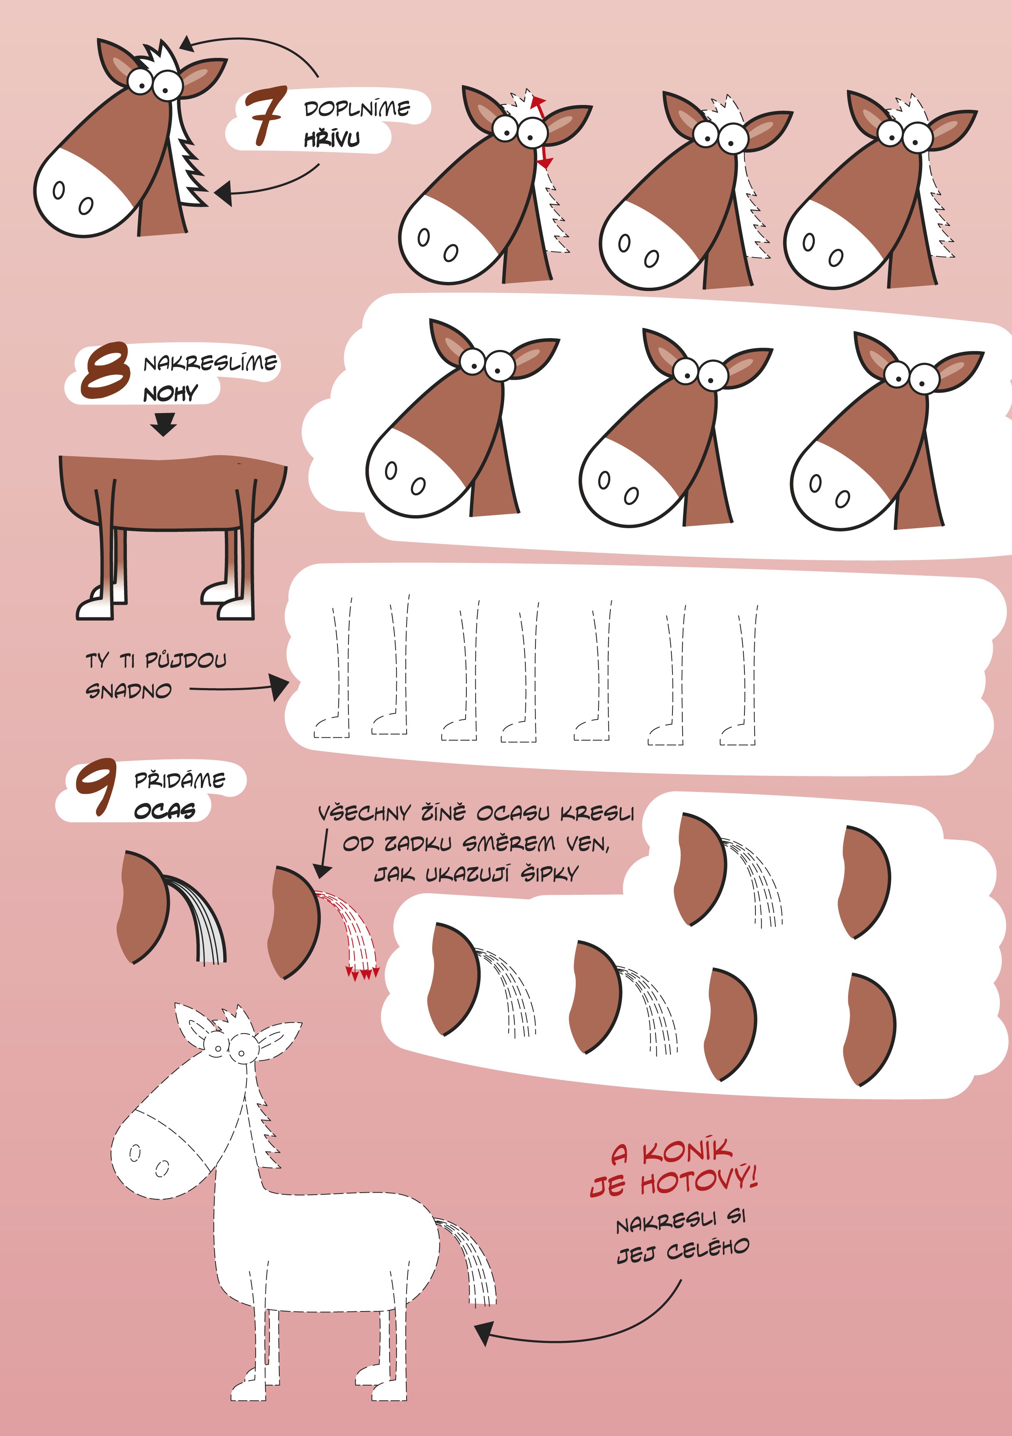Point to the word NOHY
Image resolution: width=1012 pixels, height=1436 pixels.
pyautogui.click(x=170, y=393)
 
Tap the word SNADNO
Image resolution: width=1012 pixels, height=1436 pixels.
pyautogui.click(x=128, y=691)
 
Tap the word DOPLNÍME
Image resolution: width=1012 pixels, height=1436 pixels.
pyautogui.click(x=357, y=109)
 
